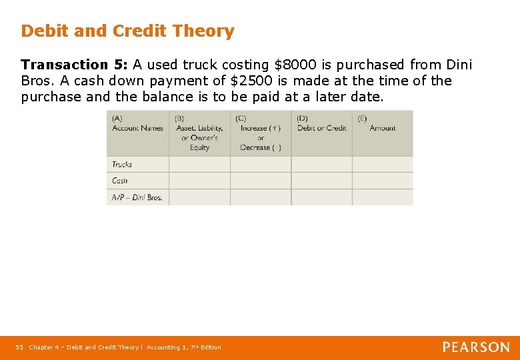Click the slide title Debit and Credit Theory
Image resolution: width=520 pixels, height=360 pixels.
click(x=127, y=31)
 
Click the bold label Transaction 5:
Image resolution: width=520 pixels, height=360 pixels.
click(x=75, y=65)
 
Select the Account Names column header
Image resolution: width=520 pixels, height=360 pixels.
click(x=137, y=128)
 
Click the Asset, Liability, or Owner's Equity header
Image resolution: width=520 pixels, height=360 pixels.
click(x=199, y=133)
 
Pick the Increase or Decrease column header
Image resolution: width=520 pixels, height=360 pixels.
click(x=261, y=133)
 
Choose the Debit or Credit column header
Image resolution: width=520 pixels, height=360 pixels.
click(x=321, y=128)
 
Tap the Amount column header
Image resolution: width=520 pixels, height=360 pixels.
click(x=383, y=128)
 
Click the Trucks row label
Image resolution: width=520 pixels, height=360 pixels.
click(x=122, y=165)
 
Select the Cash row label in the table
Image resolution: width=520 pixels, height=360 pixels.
click(x=120, y=181)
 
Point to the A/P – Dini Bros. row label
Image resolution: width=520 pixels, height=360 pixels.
click(x=137, y=197)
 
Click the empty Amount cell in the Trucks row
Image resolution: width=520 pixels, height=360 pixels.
click(x=383, y=165)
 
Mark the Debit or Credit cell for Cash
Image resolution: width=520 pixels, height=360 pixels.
click(x=321, y=181)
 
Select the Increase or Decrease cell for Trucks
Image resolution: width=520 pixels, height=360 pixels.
click(x=261, y=165)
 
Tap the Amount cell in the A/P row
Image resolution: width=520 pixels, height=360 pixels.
click(x=383, y=197)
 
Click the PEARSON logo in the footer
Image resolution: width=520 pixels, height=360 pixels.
click(x=476, y=347)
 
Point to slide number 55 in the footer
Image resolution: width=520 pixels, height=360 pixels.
click(x=19, y=347)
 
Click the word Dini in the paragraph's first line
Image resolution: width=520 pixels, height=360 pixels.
click(x=458, y=65)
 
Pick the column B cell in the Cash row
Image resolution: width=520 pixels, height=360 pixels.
click(x=199, y=181)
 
